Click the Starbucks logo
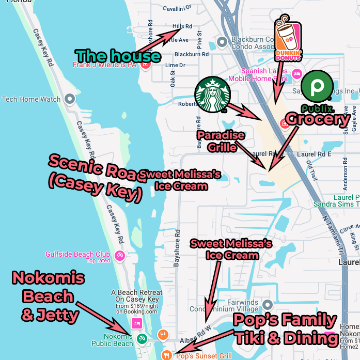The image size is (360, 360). (212, 95)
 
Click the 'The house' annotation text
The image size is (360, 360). (118, 55)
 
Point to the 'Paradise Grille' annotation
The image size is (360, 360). (221, 141)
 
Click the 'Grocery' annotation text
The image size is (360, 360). (317, 120)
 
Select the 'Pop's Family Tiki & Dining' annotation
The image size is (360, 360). (285, 329)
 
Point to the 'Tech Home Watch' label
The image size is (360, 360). (31, 99)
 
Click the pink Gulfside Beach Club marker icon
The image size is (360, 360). (120, 255)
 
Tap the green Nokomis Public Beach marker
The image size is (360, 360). (142, 338)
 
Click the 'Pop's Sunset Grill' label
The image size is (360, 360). (204, 356)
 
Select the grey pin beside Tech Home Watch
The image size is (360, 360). (70, 99)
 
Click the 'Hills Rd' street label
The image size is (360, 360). (182, 26)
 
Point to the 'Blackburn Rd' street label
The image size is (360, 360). (191, 54)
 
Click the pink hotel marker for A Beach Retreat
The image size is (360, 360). (137, 323)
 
